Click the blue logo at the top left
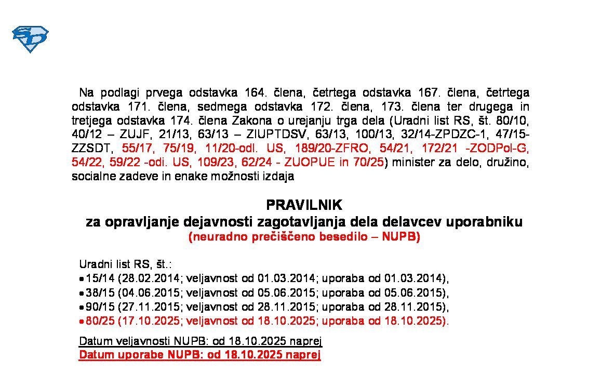coord(30,39)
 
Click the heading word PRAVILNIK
coord(304,205)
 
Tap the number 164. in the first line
coord(255,93)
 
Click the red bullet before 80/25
coord(82,321)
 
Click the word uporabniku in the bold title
coord(487,222)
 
